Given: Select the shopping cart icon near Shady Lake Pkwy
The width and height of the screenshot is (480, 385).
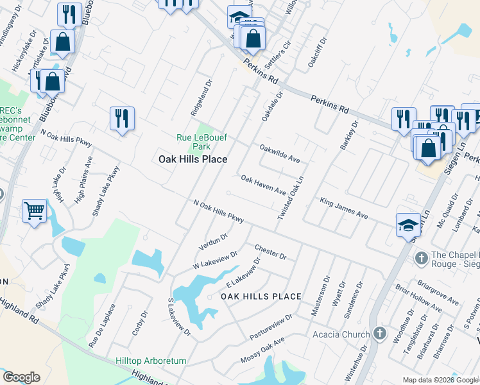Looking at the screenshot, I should [34, 210].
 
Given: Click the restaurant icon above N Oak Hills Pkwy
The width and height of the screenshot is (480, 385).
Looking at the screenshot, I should [121, 119].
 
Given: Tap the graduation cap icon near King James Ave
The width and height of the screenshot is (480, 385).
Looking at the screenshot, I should [408, 225].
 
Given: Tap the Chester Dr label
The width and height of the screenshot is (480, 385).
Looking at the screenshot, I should [270, 252].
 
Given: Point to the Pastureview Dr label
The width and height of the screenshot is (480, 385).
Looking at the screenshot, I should [271, 328].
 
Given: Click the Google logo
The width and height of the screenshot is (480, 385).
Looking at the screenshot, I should [21, 377].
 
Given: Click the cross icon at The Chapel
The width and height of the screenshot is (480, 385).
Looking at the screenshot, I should [421, 258].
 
